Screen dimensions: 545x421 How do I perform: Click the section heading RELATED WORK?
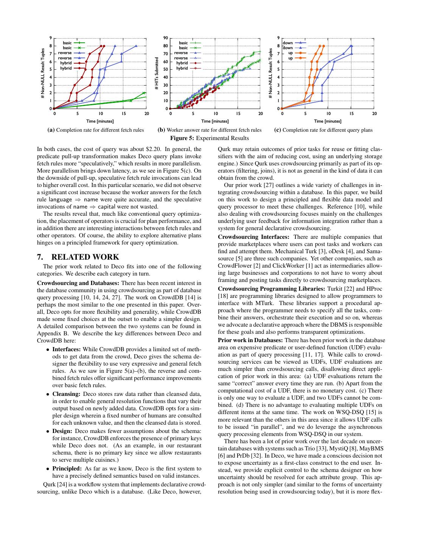pyautogui.click(x=85, y=257)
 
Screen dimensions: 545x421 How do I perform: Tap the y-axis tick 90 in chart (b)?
pyautogui.click(x=165, y=38)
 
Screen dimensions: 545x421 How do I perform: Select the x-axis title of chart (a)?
pyautogui.click(x=100, y=121)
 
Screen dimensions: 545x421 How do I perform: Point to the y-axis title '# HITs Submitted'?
pyautogui.click(x=157, y=73)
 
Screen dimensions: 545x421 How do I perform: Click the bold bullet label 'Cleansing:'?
pyautogui.click(x=67, y=394)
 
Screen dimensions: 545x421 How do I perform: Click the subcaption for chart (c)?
pyautogui.click(x=323, y=130)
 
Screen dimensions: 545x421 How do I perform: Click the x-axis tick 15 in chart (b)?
pyautogui.click(x=238, y=114)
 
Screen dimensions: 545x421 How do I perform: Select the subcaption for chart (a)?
pyautogui.click(x=95, y=130)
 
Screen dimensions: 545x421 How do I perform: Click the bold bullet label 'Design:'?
pyautogui.click(x=63, y=431)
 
